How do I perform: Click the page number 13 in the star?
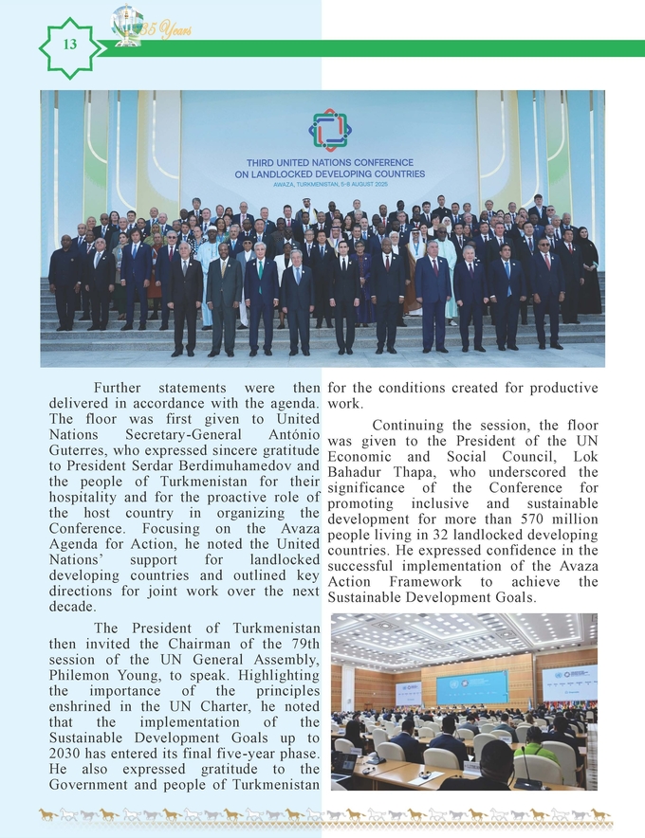click(68, 46)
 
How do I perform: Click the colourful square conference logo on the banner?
click(329, 130)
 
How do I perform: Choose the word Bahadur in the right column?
click(356, 472)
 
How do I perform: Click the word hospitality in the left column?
click(87, 497)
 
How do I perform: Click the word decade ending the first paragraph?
click(73, 606)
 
